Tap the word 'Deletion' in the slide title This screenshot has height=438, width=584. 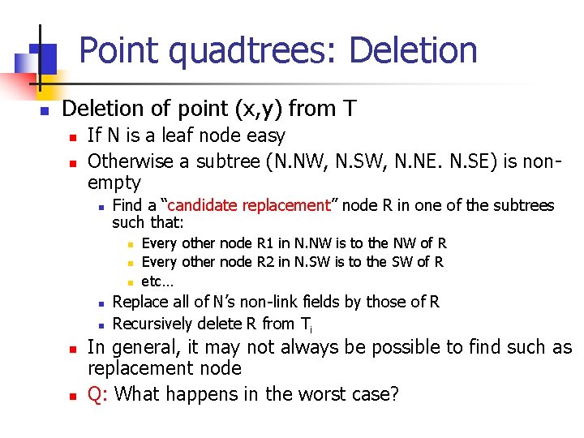413,50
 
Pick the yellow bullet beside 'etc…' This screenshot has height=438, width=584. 129,281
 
